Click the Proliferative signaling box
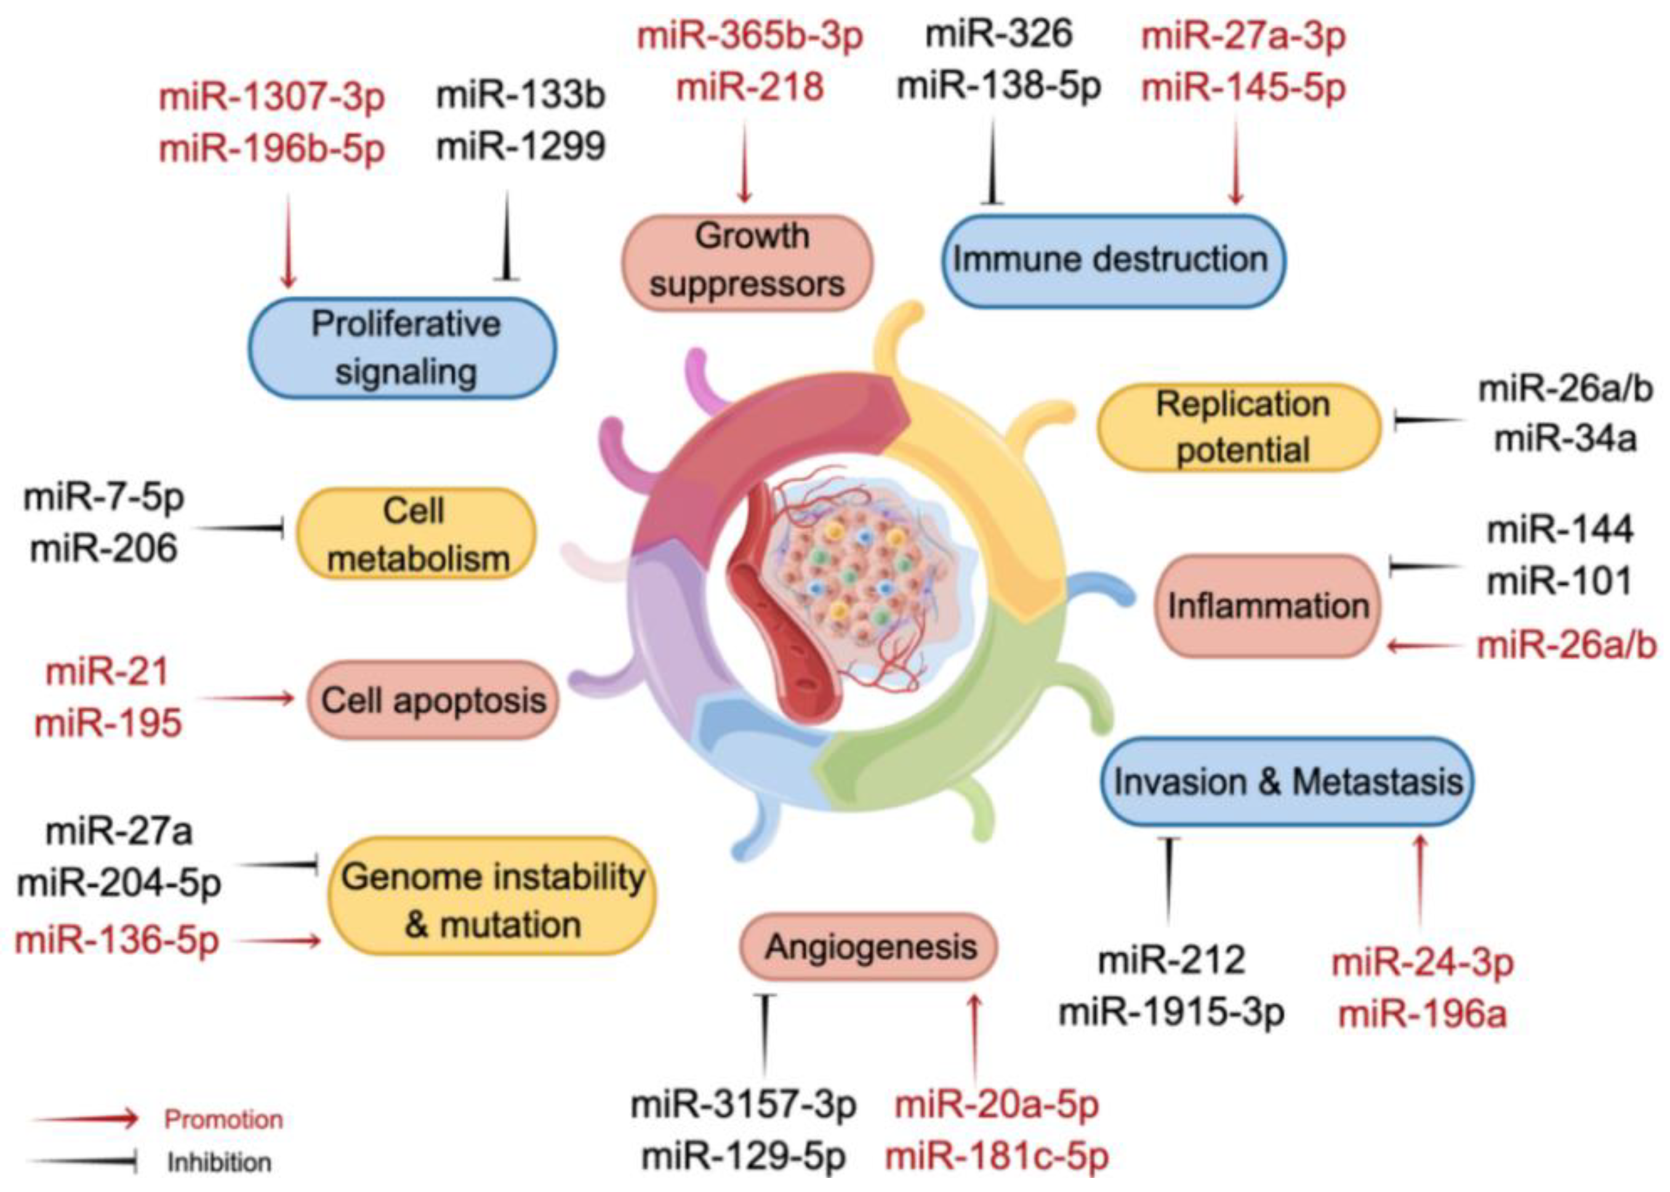(x=403, y=348)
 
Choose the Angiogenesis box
(x=869, y=947)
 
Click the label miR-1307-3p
(x=272, y=98)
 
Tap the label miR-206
(x=103, y=548)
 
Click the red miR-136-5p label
(x=118, y=940)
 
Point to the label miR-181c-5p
(x=997, y=1157)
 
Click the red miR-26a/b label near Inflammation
(x=1567, y=646)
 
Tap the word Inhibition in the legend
(x=219, y=1162)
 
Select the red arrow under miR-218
(x=745, y=161)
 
